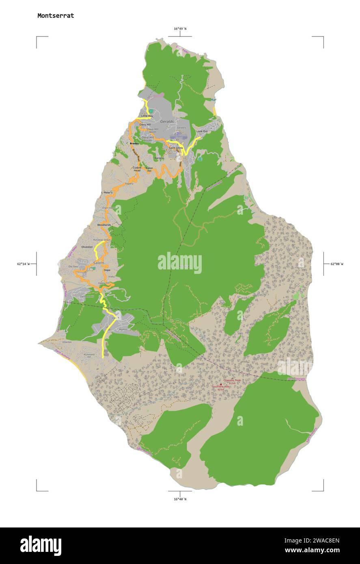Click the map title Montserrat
[x=56, y=16]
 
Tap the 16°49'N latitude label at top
[x=180, y=29]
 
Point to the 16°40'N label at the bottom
[x=180, y=499]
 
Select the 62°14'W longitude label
[x=24, y=264]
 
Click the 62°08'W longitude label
[x=336, y=264]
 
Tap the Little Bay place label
[x=147, y=116]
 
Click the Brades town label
[x=134, y=143]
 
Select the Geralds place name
[x=167, y=121]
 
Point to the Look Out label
[x=202, y=131]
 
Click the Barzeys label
[x=160, y=158]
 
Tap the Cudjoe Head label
[x=137, y=169]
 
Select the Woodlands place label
[x=104, y=225]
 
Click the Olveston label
[x=87, y=247]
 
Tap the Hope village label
[x=107, y=270]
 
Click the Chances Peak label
[x=232, y=380]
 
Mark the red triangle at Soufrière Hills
[x=221, y=384]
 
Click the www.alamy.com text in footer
[x=312, y=550]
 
